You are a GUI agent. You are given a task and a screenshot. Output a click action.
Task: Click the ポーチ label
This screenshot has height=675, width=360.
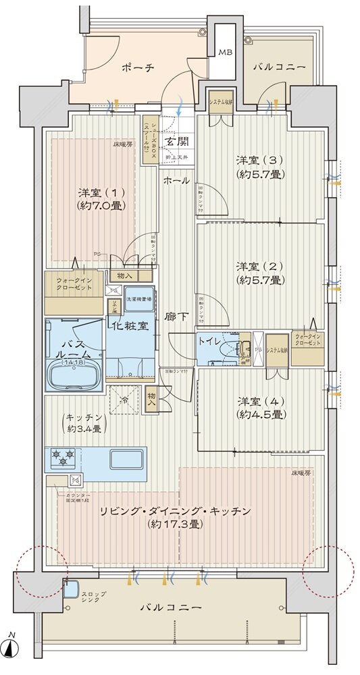138,67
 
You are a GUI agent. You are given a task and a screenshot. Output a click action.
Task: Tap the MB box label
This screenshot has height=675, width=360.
224,53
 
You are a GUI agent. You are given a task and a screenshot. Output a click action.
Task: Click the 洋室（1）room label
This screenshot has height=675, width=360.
101,198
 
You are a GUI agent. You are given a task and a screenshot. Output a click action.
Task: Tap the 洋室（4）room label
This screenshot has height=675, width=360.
259,407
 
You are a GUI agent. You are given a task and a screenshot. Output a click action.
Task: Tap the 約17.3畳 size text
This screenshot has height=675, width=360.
176,524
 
